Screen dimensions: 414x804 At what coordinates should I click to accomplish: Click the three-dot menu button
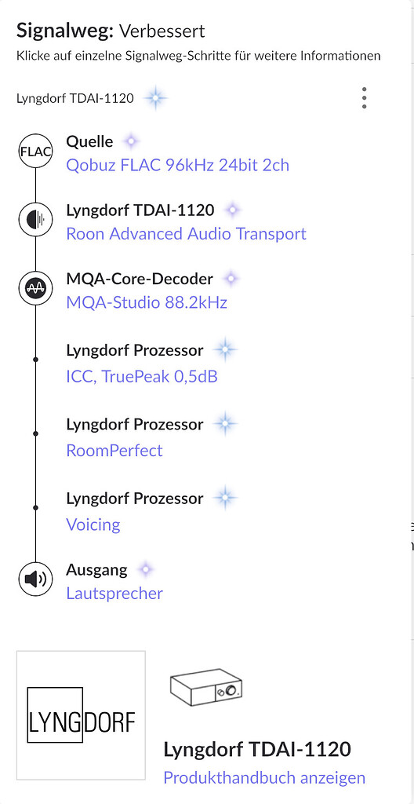pyautogui.click(x=364, y=97)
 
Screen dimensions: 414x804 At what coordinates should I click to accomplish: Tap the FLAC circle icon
pyautogui.click(x=35, y=152)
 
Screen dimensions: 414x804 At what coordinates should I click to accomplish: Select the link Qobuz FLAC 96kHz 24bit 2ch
pyautogui.click(x=177, y=165)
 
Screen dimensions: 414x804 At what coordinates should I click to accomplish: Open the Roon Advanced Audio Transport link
pyautogui.click(x=186, y=234)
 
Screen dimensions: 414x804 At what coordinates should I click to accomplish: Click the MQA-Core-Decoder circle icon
pyautogui.click(x=35, y=289)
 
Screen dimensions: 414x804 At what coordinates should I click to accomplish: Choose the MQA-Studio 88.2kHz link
pyautogui.click(x=147, y=302)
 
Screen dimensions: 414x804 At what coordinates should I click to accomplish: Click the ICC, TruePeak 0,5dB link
pyautogui.click(x=142, y=377)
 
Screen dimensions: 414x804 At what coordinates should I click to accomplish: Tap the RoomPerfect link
pyautogui.click(x=114, y=451)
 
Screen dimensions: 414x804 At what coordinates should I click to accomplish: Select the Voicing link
pyautogui.click(x=93, y=524)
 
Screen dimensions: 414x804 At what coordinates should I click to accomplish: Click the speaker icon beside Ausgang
pyautogui.click(x=35, y=579)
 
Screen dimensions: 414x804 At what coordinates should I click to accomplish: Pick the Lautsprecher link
pyautogui.click(x=114, y=594)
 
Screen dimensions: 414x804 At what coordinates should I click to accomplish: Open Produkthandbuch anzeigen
pyautogui.click(x=264, y=777)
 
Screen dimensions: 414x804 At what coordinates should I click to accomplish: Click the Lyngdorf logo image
pyautogui.click(x=81, y=715)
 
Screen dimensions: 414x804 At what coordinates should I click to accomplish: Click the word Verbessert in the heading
pyautogui.click(x=162, y=31)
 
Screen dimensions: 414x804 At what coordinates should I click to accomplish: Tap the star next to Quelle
pyautogui.click(x=131, y=141)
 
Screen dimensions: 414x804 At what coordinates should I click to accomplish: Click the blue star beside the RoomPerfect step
pyautogui.click(x=225, y=424)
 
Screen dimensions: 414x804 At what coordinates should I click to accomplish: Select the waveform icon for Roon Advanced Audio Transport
pyautogui.click(x=35, y=220)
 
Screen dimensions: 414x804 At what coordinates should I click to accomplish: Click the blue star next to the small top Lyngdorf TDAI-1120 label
pyautogui.click(x=155, y=97)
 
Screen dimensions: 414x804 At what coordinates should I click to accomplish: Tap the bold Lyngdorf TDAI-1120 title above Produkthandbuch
pyautogui.click(x=257, y=749)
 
